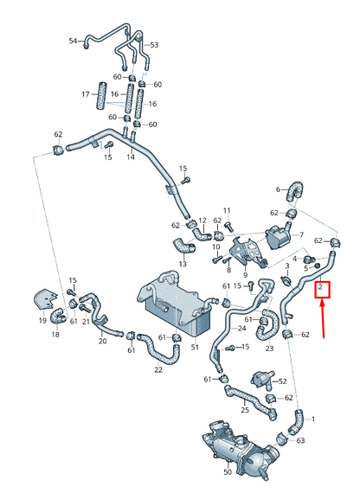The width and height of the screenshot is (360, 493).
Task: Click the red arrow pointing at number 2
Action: pos(323,318)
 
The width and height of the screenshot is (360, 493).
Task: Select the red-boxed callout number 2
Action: pos(321,287)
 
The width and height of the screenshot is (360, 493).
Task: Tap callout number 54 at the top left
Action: pos(73,41)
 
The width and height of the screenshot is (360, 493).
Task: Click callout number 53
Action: pos(155,44)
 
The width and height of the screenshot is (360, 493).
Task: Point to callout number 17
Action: pos(86,93)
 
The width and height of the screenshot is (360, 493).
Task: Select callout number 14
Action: pos(131,158)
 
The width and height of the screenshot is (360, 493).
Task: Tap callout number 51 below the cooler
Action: pos(196,347)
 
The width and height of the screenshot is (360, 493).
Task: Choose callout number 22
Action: pos(157,369)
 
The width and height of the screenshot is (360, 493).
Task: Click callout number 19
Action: pos(42,322)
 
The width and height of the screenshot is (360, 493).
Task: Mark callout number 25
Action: pos(245,409)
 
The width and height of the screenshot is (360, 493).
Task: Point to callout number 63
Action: pos(300,441)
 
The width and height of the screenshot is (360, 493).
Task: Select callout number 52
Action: pos(283,380)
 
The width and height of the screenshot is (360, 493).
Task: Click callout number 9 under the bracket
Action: pos(245,275)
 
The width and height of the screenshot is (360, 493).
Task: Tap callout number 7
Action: pos(300,234)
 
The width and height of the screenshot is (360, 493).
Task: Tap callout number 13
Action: pos(183,264)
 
